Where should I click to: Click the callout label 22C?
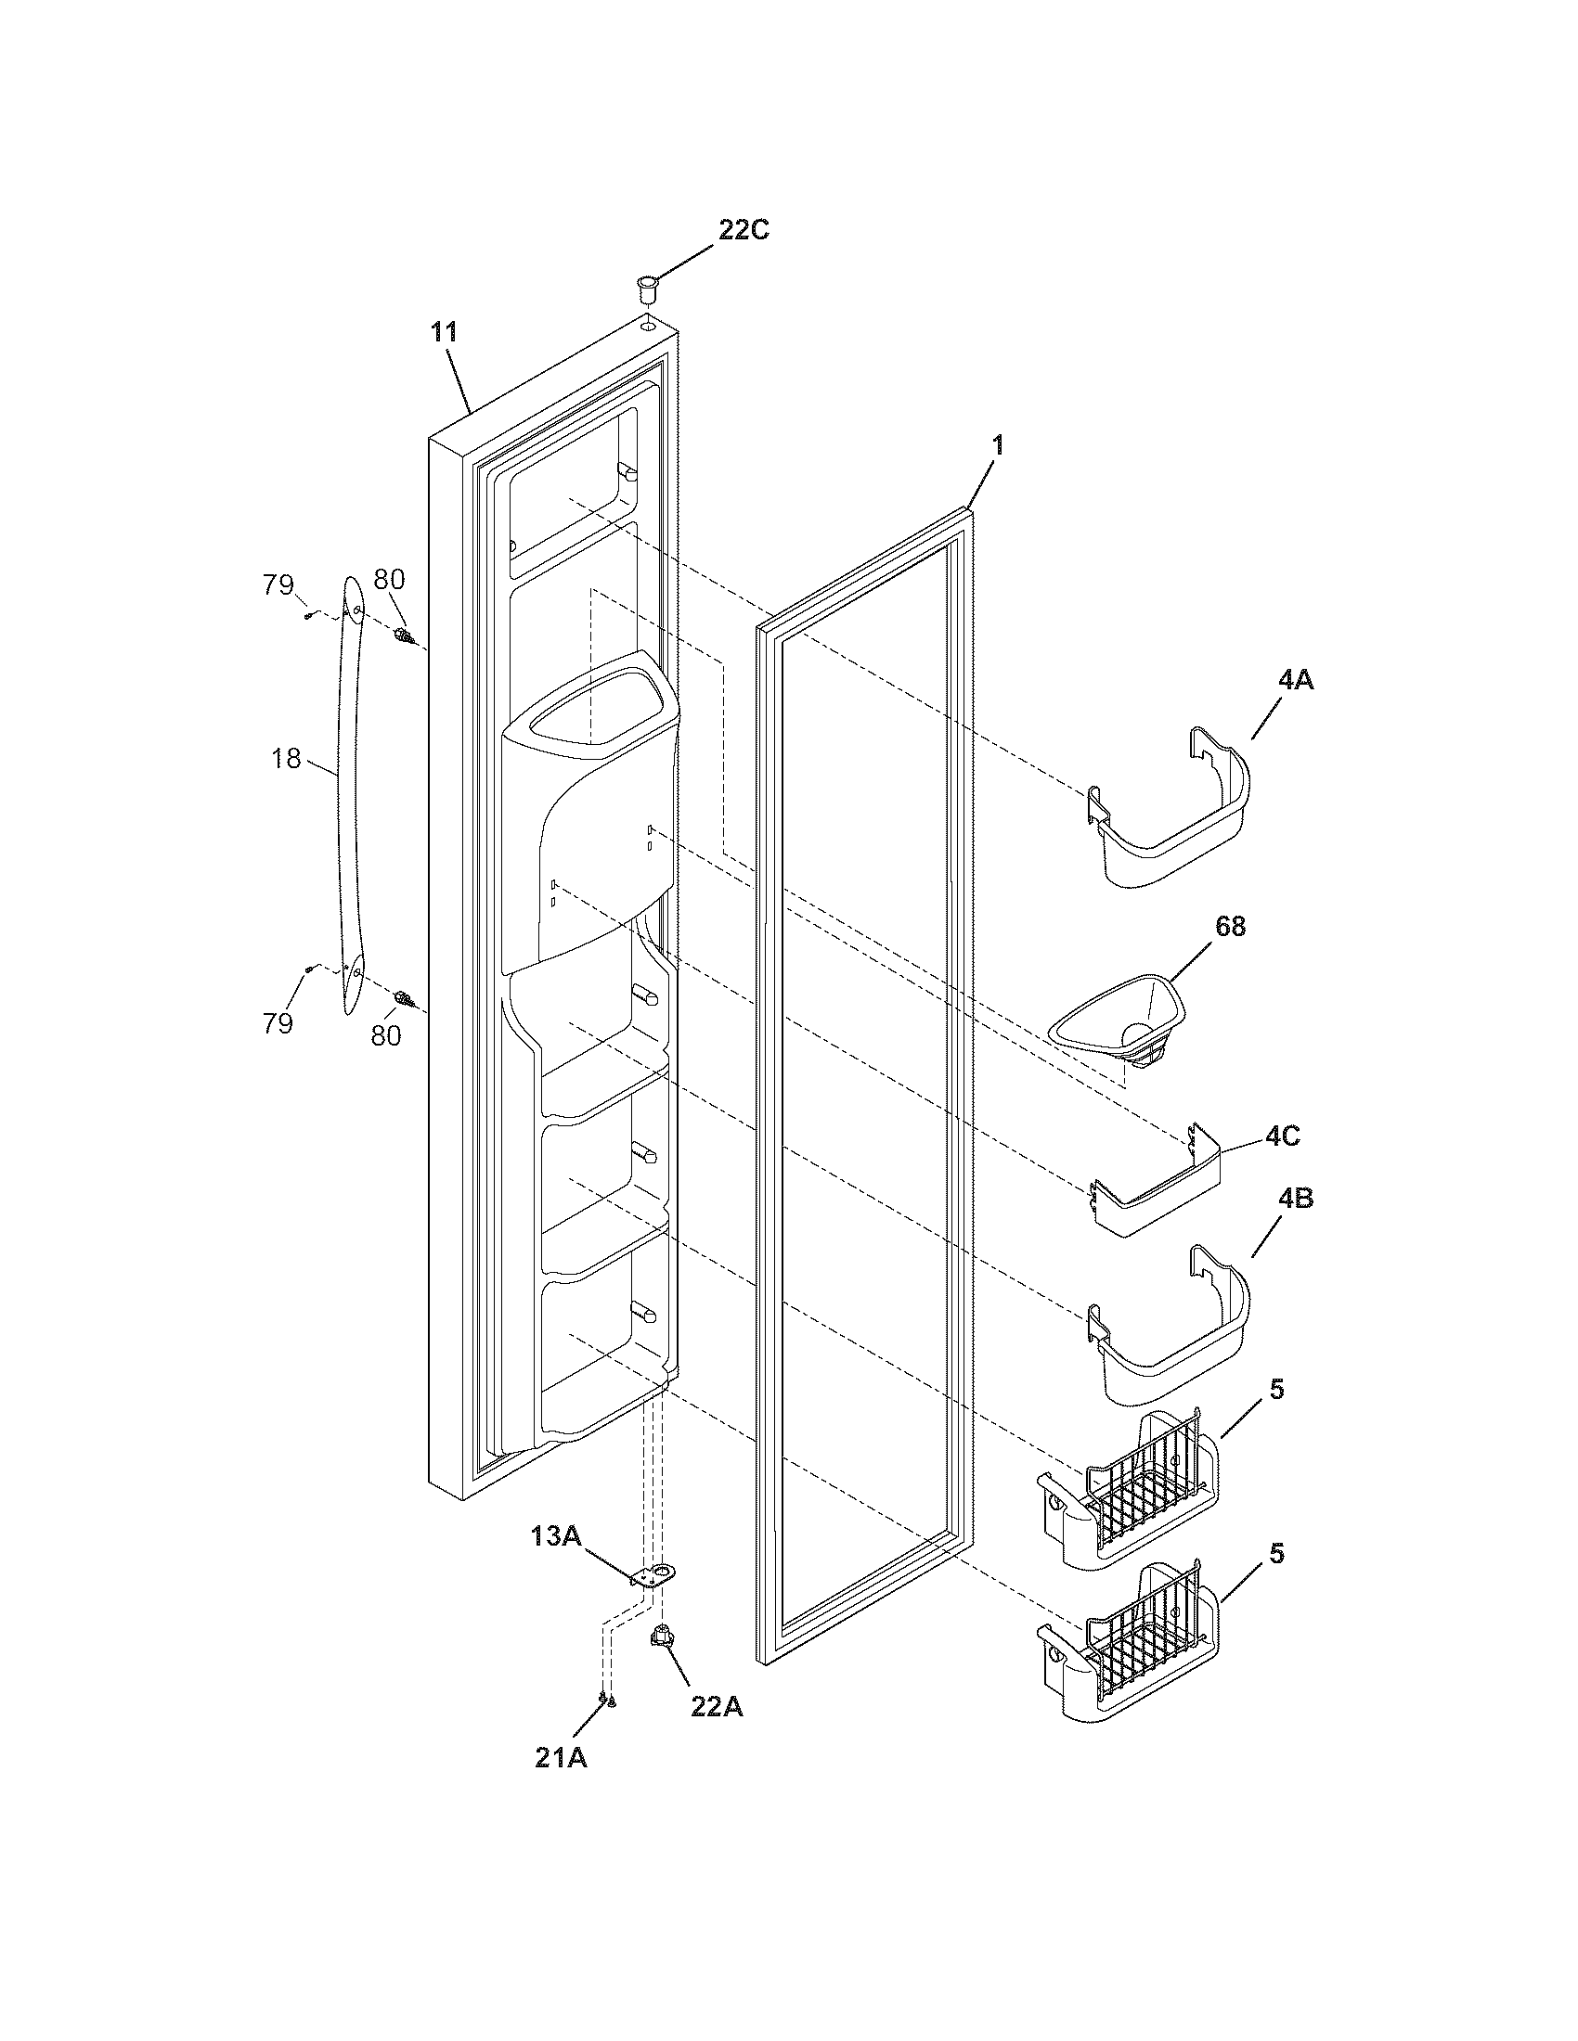pos(744,230)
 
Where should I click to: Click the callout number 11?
pos(444,332)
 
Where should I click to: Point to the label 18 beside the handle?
pos(286,759)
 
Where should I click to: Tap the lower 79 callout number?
pos(278,1023)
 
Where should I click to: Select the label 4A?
pos(1295,680)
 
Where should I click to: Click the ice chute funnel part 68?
pos(1117,1023)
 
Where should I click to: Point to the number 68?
pos(1230,927)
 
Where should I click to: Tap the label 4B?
pos(1295,1199)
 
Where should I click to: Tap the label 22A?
pos(717,1706)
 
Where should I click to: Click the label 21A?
pos(561,1757)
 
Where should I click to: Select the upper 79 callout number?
pos(278,586)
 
